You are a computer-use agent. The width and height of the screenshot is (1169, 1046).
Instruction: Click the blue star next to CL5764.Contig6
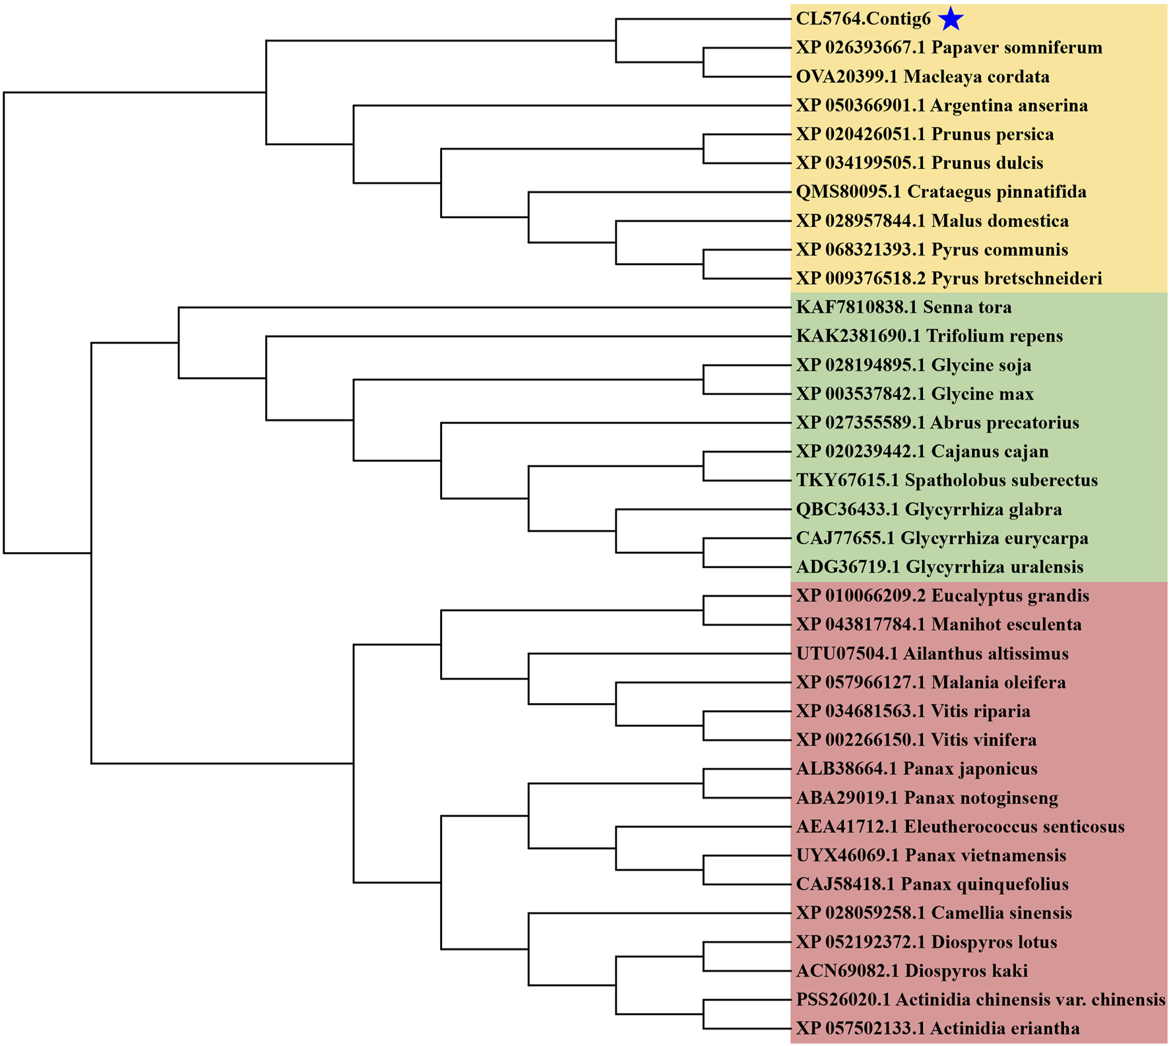point(950,18)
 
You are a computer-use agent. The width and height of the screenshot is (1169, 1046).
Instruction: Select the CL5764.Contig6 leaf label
point(863,19)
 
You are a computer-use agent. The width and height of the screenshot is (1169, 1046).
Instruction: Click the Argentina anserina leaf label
point(941,106)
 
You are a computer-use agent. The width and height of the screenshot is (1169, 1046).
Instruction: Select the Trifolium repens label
point(929,336)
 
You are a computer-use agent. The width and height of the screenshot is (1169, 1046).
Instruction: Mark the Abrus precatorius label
point(937,423)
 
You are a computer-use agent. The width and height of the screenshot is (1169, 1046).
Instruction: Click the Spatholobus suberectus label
point(947,480)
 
